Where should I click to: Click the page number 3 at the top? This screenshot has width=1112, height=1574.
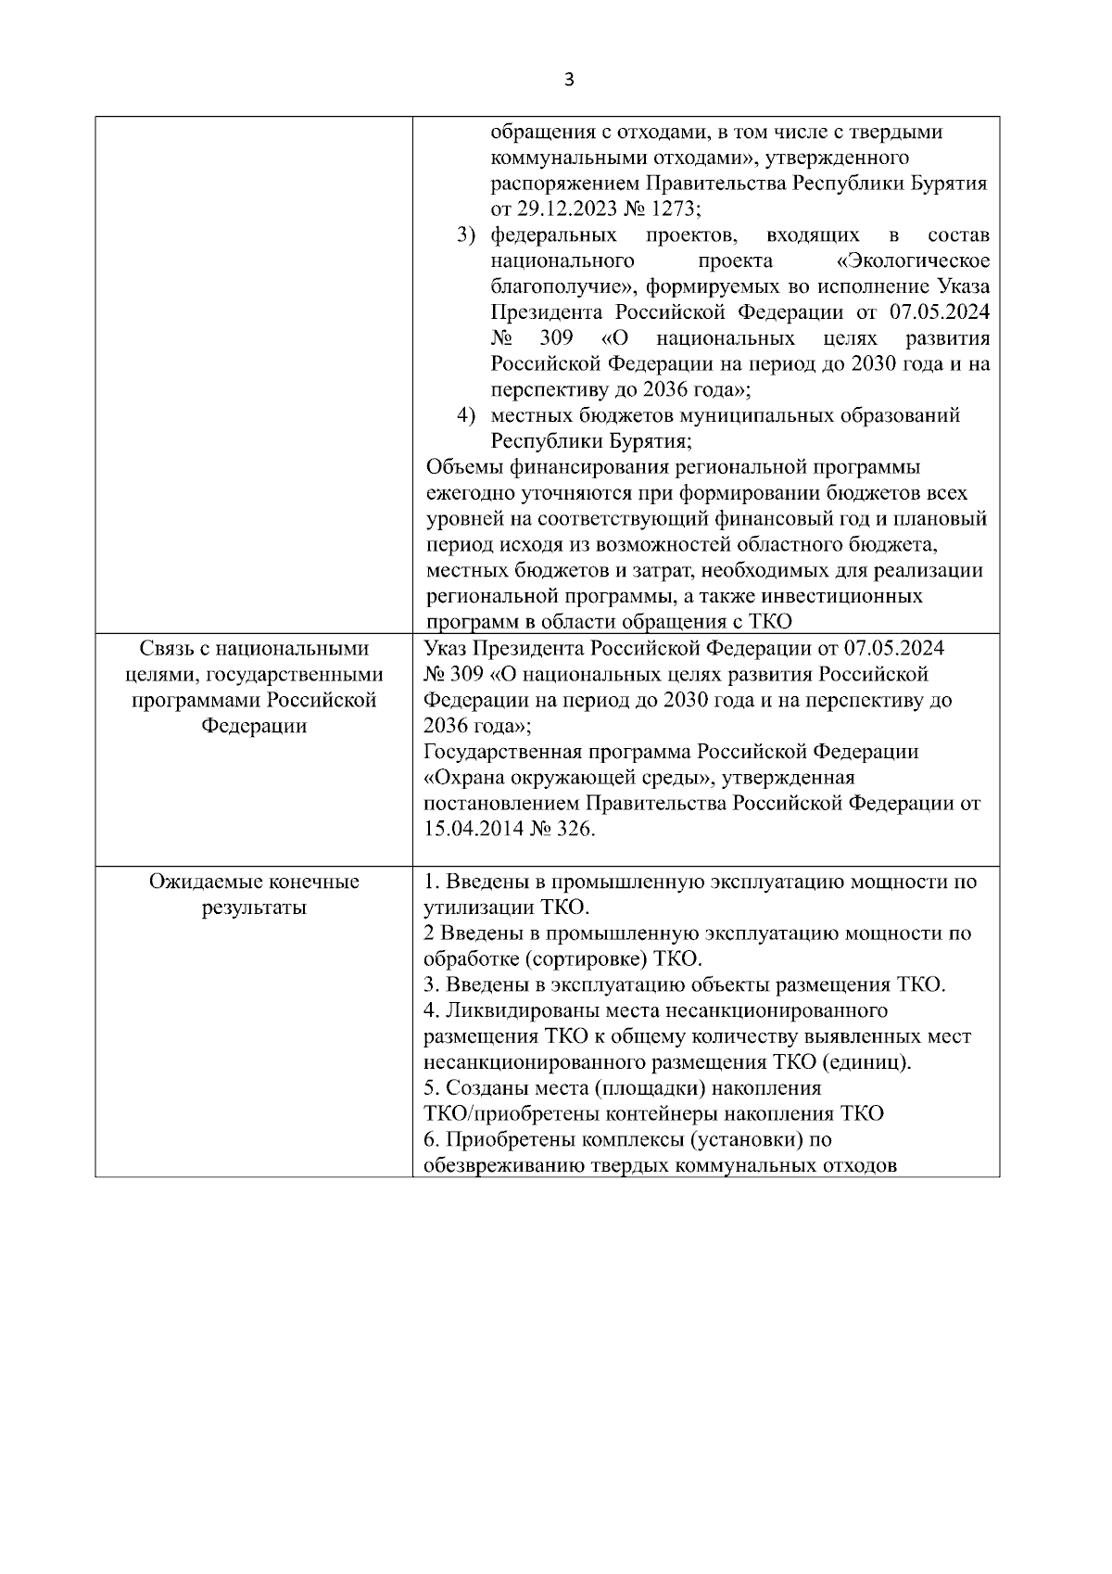[x=569, y=81]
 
